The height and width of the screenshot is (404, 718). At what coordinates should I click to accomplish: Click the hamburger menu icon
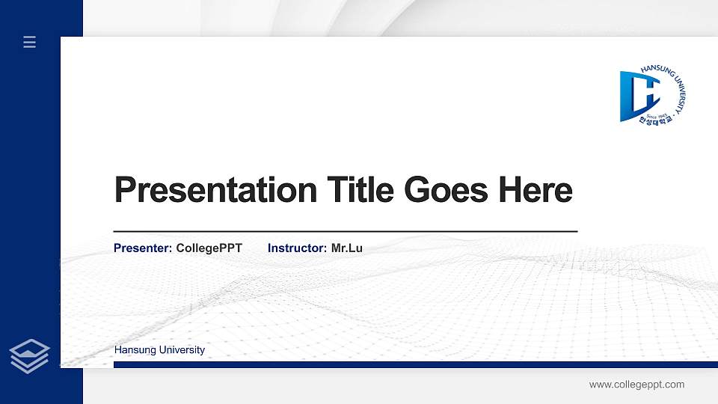click(29, 42)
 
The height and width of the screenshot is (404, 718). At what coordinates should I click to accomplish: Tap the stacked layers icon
click(29, 355)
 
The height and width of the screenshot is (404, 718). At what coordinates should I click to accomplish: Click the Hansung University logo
click(652, 96)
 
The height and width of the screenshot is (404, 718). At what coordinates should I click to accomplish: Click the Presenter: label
click(143, 248)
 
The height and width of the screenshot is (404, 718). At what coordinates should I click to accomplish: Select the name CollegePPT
click(209, 248)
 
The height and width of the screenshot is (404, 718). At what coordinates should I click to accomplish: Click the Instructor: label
click(297, 248)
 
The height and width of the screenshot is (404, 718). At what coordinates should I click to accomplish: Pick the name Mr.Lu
click(346, 248)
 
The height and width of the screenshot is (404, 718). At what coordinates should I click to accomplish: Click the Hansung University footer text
click(159, 350)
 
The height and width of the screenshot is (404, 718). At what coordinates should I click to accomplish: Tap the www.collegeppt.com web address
click(636, 385)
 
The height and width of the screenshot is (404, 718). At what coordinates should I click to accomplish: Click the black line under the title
click(345, 232)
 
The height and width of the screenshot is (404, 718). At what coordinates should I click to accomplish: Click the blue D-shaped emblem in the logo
click(634, 96)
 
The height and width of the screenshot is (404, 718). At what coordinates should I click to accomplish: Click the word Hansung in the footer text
click(132, 350)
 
